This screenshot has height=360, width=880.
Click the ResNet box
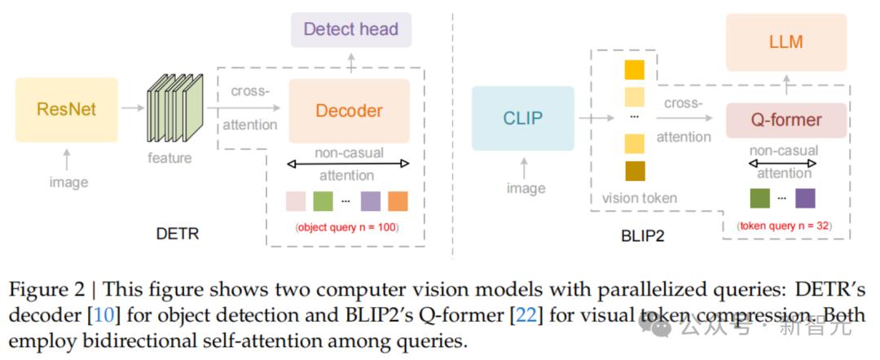point(67,109)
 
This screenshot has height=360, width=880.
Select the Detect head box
point(351,29)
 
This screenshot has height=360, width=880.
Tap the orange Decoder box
point(349,111)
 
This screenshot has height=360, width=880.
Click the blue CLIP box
point(522,118)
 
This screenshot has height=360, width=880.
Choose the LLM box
point(786,42)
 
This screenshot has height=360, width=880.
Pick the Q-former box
point(786,120)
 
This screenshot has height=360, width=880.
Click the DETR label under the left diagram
point(178,233)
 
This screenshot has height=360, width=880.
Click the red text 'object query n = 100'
point(347,227)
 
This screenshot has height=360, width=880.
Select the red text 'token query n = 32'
point(785,226)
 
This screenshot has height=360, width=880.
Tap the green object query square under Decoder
point(323,200)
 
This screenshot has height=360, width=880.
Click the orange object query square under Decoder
point(398,200)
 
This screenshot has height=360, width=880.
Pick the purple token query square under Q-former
point(805,198)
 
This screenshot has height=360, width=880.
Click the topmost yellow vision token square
point(635,69)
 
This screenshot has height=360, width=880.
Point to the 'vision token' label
point(640,197)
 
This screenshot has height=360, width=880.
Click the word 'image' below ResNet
point(68,182)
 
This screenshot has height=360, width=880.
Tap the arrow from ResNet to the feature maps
point(133,107)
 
